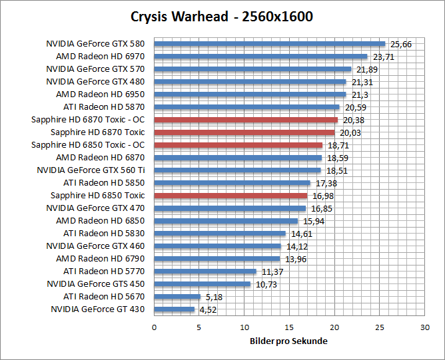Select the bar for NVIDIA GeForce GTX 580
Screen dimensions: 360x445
pos(269,44)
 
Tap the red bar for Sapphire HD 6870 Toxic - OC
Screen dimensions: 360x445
pos(246,120)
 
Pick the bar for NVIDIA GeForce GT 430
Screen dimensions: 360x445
pos(175,309)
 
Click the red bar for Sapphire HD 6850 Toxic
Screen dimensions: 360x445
pos(230,196)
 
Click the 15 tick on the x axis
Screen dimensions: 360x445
pos(289,327)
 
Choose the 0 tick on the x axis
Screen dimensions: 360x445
pos(154,327)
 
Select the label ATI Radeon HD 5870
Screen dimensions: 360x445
pos(104,107)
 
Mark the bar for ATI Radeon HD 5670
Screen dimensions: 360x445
pos(177,297)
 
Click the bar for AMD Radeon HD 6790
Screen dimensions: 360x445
pos(217,259)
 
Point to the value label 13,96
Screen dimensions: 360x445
pos(295,259)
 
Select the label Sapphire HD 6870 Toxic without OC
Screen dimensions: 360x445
pos(97,132)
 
